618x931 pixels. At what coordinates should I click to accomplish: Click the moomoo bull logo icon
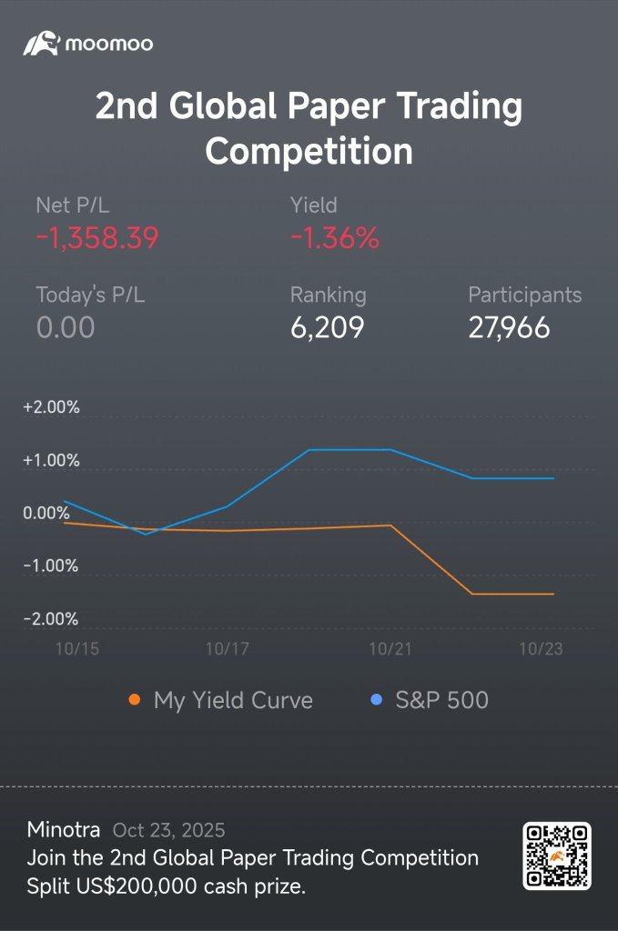pos(41,44)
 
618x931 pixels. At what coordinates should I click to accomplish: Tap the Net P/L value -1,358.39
pos(97,238)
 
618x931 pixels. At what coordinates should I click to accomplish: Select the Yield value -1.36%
pos(335,238)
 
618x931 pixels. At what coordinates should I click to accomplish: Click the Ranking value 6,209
pos(327,327)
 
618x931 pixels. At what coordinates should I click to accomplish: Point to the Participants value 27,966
pos(510,327)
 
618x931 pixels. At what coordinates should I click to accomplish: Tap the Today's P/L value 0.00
pos(66,327)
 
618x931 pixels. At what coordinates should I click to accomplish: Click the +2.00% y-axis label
pos(51,407)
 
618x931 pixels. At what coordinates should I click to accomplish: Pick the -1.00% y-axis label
pos(50,566)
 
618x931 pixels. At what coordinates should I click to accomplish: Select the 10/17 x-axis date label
pos(227,648)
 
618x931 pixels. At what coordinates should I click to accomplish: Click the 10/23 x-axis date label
pos(541,648)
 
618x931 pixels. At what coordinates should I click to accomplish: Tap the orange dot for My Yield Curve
pos(135,699)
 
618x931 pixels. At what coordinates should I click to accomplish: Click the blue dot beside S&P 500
pos(376,699)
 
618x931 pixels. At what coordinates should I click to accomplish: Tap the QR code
pos(557,856)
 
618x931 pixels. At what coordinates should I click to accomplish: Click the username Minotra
pos(64,829)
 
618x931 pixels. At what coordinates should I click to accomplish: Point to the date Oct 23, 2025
pos(168,830)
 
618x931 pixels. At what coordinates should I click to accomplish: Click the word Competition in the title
pos(309,151)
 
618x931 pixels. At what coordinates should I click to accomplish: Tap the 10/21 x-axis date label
pos(390,648)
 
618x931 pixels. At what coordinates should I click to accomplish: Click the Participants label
pos(524,295)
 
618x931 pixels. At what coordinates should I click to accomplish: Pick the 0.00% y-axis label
pos(46,513)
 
